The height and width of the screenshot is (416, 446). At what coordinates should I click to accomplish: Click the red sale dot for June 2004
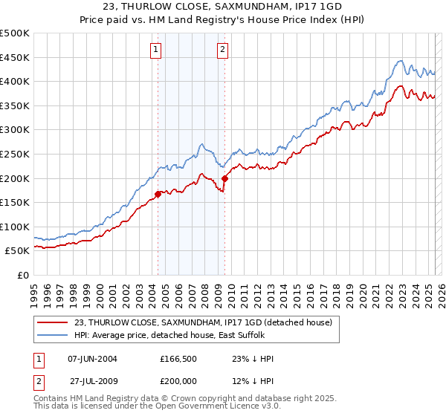pyautogui.click(x=158, y=195)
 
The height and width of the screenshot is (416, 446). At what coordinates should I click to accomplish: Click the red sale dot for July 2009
pyautogui.click(x=224, y=178)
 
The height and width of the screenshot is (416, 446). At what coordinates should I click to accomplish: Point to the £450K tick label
pyautogui.click(x=15, y=57)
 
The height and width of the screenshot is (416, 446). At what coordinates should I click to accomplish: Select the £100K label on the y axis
pyautogui.click(x=15, y=227)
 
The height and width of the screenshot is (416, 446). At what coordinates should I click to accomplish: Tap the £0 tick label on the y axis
pyautogui.click(x=22, y=276)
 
